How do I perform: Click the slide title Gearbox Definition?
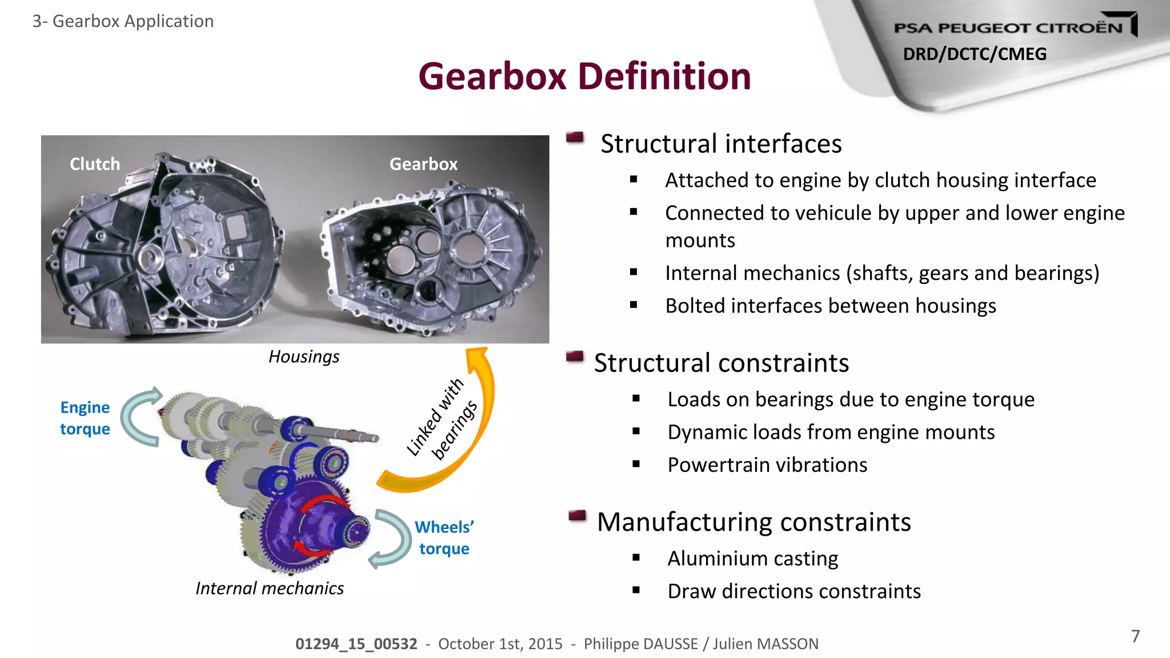[x=584, y=77]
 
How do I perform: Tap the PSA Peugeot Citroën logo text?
[x=1008, y=27]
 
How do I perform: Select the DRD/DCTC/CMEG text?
[x=975, y=54]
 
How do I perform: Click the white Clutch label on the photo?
[x=95, y=164]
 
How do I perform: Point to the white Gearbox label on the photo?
[x=423, y=164]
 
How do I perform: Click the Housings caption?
[x=304, y=356]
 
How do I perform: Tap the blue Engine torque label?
[x=85, y=418]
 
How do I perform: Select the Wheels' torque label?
[x=444, y=537]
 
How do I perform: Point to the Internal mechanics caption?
[x=270, y=588]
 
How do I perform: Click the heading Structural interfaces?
[x=721, y=143]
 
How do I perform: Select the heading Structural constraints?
[x=722, y=363]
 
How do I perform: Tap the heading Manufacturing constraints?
[x=754, y=521]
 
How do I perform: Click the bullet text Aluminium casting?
[x=752, y=558]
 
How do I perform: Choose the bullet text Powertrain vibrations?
[x=767, y=465]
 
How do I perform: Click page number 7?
[x=1136, y=636]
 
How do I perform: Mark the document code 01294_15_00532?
[x=356, y=644]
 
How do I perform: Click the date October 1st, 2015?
[x=500, y=644]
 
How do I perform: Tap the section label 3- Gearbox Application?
[x=123, y=21]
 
